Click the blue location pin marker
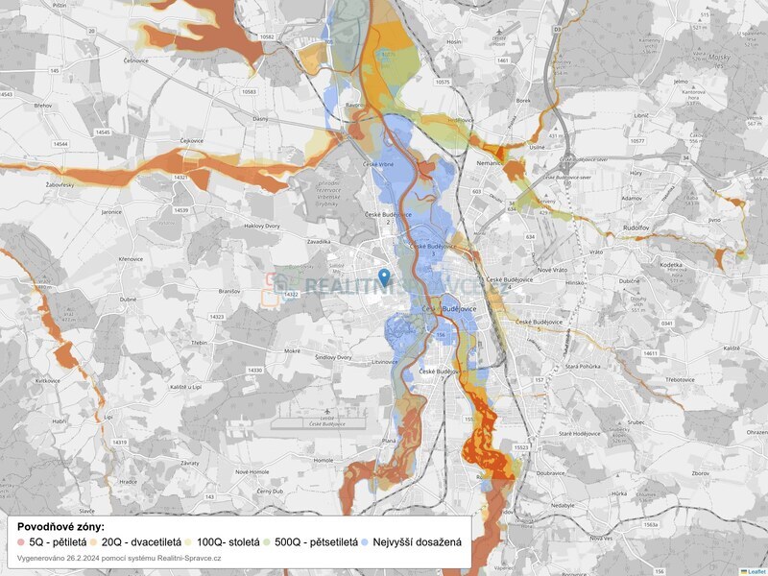point(384,277)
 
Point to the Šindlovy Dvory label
point(333,357)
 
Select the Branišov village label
point(229,289)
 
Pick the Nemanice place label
point(490,164)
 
